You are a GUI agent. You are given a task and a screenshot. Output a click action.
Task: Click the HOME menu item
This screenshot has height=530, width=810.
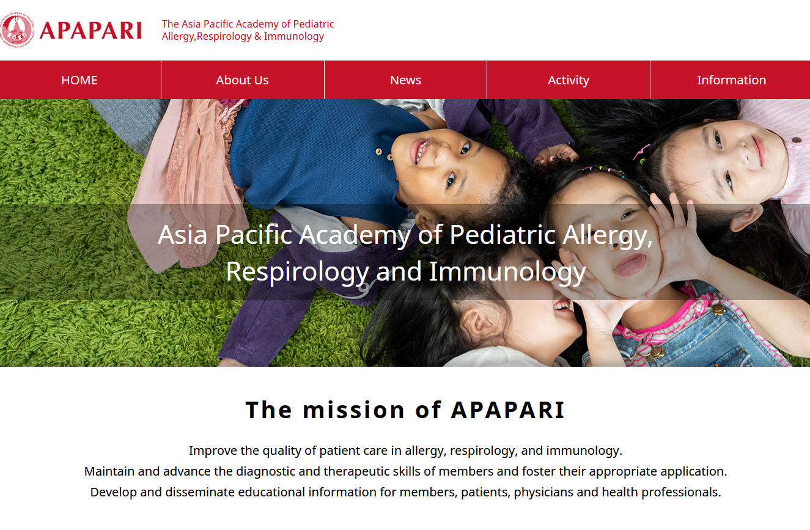(79, 80)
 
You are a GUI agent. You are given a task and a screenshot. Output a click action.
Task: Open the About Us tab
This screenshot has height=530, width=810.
(242, 80)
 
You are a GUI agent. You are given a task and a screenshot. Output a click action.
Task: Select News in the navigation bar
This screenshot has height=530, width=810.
(405, 80)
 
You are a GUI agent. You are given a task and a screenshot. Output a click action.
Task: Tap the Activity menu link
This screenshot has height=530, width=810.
(569, 80)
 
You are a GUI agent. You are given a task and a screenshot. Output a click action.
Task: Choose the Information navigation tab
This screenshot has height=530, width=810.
(731, 80)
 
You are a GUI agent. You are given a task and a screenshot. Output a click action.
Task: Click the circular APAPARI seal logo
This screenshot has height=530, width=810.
(17, 29)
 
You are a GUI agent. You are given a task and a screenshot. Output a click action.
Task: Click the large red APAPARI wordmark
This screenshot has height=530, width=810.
(90, 31)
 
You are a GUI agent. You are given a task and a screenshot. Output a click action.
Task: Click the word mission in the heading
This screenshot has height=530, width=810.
(353, 410)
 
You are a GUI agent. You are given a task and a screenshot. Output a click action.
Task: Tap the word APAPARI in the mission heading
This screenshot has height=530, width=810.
(507, 410)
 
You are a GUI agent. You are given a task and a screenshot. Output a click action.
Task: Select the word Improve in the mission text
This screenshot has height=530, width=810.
(213, 451)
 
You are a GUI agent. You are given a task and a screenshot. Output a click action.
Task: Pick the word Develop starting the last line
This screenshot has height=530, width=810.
(113, 492)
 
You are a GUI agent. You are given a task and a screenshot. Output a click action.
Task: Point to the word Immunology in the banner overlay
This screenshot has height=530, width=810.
(507, 272)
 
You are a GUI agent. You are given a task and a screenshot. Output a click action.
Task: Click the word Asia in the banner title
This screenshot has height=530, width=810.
(182, 235)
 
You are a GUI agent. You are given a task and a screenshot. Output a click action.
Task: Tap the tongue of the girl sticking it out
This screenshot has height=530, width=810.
(630, 266)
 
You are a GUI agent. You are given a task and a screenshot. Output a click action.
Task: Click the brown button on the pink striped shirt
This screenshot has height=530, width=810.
(797, 139)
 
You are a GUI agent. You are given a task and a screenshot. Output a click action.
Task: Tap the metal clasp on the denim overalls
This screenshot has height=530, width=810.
(718, 309)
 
